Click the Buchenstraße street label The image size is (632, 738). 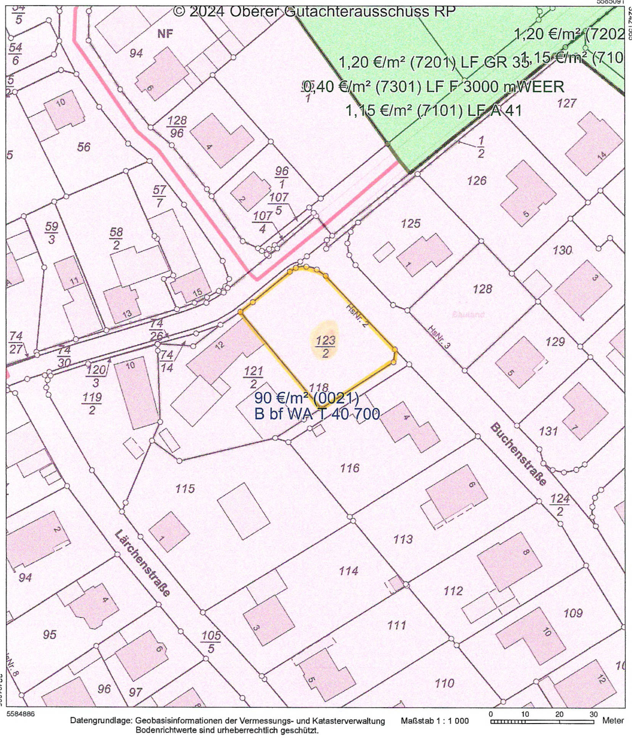pos(518,453)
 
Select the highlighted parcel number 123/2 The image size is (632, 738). pos(325,346)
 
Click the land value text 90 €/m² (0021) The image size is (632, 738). pos(306,398)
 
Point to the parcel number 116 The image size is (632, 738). pos(350,468)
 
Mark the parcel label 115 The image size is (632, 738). pos(185,488)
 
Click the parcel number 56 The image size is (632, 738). pos(84,147)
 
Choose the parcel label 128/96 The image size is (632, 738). pos(177,127)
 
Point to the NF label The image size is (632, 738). pos(165,34)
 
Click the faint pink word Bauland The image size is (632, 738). pos(468,314)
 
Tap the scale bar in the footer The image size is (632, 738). pos(542,721)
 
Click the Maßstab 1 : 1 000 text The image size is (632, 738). pos(434,721)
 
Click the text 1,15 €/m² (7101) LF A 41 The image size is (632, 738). pos(433,111)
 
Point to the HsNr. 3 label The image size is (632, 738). pos(439,337)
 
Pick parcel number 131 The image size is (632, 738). pos(548,431)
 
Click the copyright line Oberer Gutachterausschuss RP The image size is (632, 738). pos(314,11)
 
